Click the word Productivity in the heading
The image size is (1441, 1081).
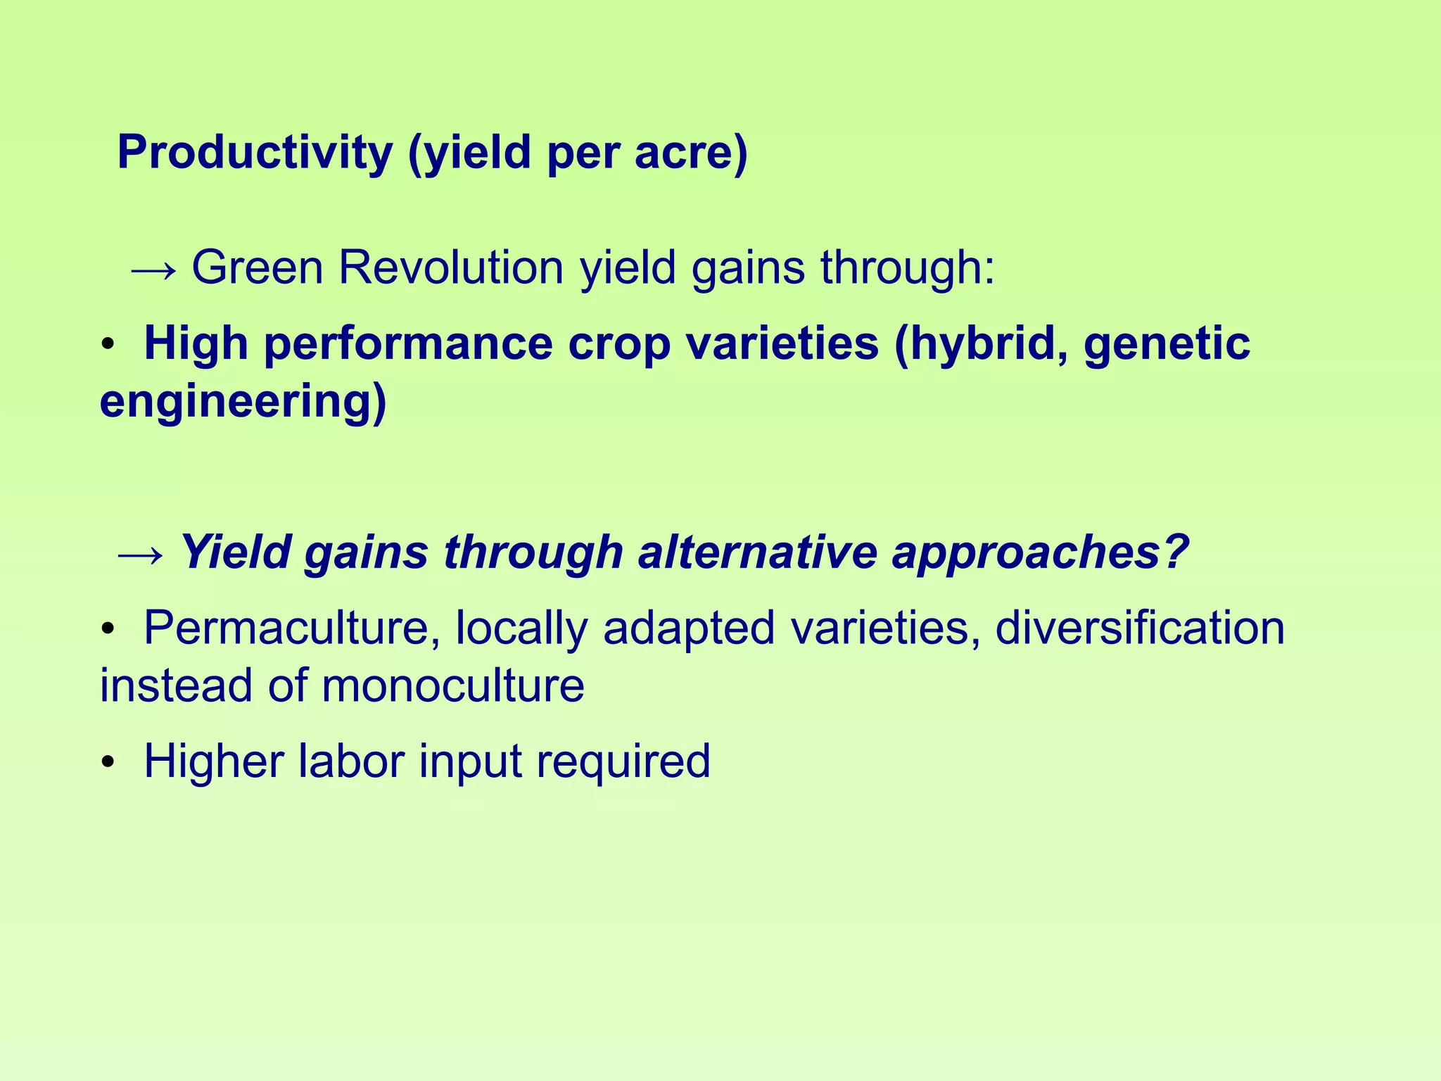point(255,153)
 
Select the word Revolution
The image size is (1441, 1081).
point(451,268)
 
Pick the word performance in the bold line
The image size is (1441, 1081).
point(408,345)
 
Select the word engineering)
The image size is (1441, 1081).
point(243,403)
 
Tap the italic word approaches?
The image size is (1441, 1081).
point(1040,553)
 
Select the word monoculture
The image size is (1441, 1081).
point(453,685)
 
